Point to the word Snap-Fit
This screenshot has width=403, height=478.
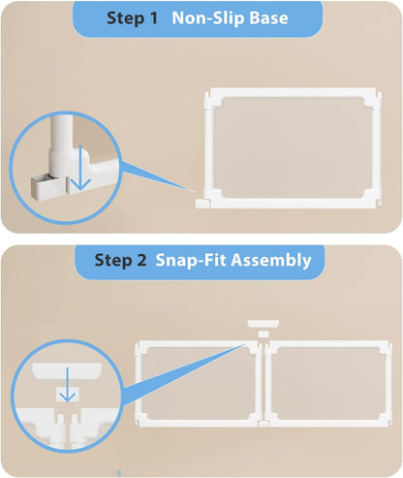click(x=189, y=260)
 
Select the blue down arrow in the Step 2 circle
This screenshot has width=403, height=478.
click(x=66, y=392)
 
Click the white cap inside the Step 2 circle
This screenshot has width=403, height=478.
click(x=65, y=370)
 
